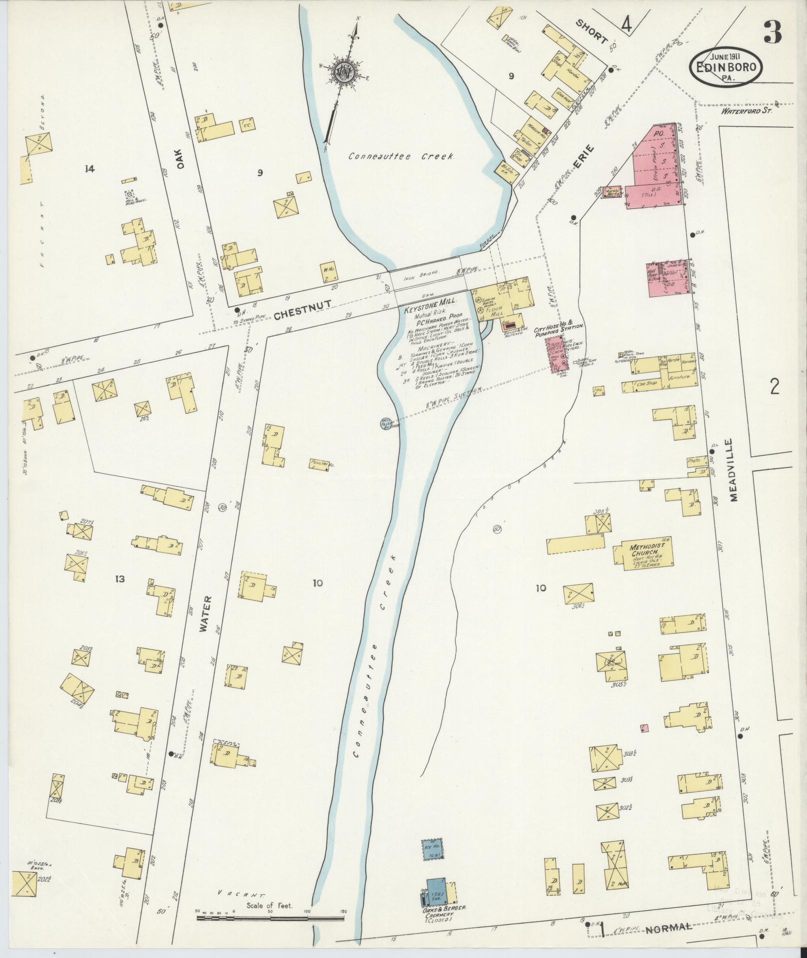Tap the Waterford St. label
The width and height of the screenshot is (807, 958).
(x=745, y=112)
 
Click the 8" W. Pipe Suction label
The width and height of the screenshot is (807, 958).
(x=453, y=396)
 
